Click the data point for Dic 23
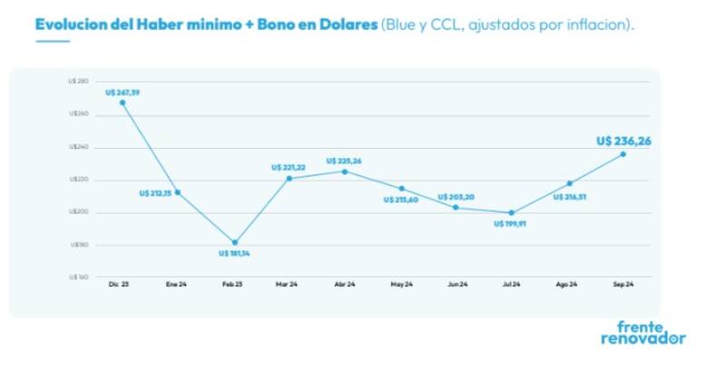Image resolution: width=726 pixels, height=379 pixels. [122, 102]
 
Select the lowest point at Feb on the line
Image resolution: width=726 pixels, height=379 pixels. [235, 243]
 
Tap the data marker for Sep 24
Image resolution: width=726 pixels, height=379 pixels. [623, 154]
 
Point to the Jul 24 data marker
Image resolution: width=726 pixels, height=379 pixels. [511, 213]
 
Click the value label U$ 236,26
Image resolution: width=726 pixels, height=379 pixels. [624, 141]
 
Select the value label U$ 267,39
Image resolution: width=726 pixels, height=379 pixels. [123, 92]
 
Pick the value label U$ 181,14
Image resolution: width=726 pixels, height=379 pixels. [234, 254]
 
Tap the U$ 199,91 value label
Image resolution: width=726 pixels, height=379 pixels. [511, 224]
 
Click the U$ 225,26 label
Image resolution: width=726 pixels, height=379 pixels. [344, 161]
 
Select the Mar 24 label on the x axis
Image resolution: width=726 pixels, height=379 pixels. [287, 284]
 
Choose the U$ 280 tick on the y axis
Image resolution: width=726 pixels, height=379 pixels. [78, 82]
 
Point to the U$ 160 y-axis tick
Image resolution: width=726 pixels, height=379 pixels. [78, 276]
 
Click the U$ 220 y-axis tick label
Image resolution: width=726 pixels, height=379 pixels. [78, 180]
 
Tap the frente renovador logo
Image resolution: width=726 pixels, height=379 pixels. [643, 333]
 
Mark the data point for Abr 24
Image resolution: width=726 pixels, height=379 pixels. [344, 171]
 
